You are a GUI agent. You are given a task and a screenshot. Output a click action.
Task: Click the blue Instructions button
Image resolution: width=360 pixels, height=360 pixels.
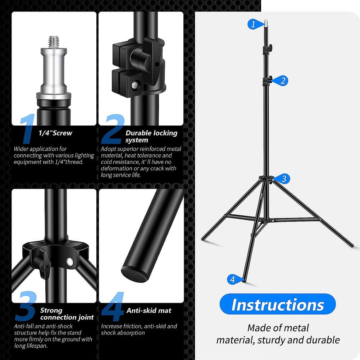[277, 304]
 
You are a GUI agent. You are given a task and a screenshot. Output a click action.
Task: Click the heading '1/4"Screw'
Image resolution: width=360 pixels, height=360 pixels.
[55, 133]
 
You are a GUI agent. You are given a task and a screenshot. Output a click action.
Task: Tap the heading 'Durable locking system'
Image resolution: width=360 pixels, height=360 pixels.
[151, 136]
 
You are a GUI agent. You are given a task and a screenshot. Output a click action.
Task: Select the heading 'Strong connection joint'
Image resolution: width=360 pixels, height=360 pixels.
[67, 314]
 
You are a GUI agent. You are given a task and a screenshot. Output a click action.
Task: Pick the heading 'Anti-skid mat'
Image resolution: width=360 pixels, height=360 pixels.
[149, 310]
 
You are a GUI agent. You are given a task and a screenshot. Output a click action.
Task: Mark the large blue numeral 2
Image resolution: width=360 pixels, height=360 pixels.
[112, 130]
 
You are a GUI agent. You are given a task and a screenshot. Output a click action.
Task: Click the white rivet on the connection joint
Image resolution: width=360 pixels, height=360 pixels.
[69, 261]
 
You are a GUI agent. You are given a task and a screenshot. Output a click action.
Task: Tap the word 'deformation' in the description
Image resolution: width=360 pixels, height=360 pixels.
[117, 168]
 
